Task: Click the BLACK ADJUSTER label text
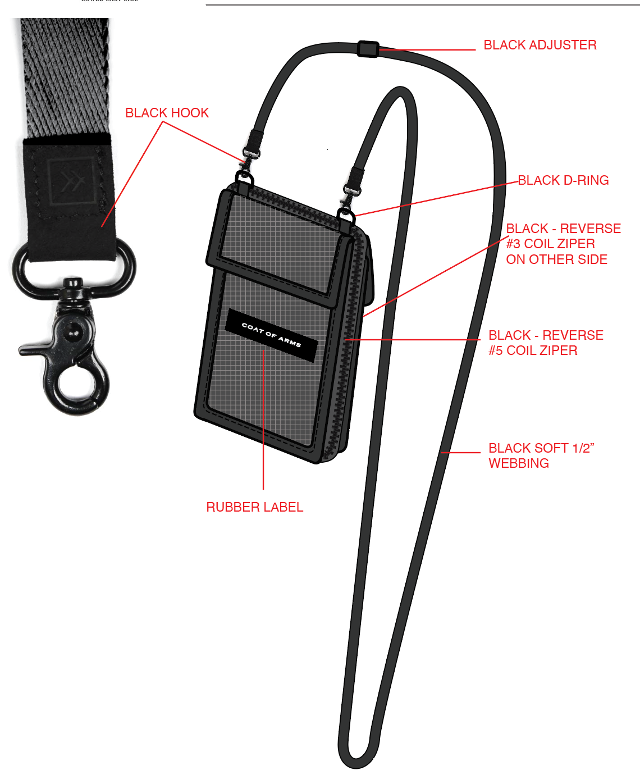(x=540, y=45)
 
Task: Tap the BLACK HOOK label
(x=167, y=113)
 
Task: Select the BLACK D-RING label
(x=563, y=180)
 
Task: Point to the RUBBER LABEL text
(x=254, y=507)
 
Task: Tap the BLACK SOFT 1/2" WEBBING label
(x=541, y=455)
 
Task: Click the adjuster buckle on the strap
(x=368, y=49)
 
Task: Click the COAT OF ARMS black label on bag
(x=271, y=335)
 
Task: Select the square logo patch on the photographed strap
(x=72, y=181)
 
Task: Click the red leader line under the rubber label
(x=263, y=420)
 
